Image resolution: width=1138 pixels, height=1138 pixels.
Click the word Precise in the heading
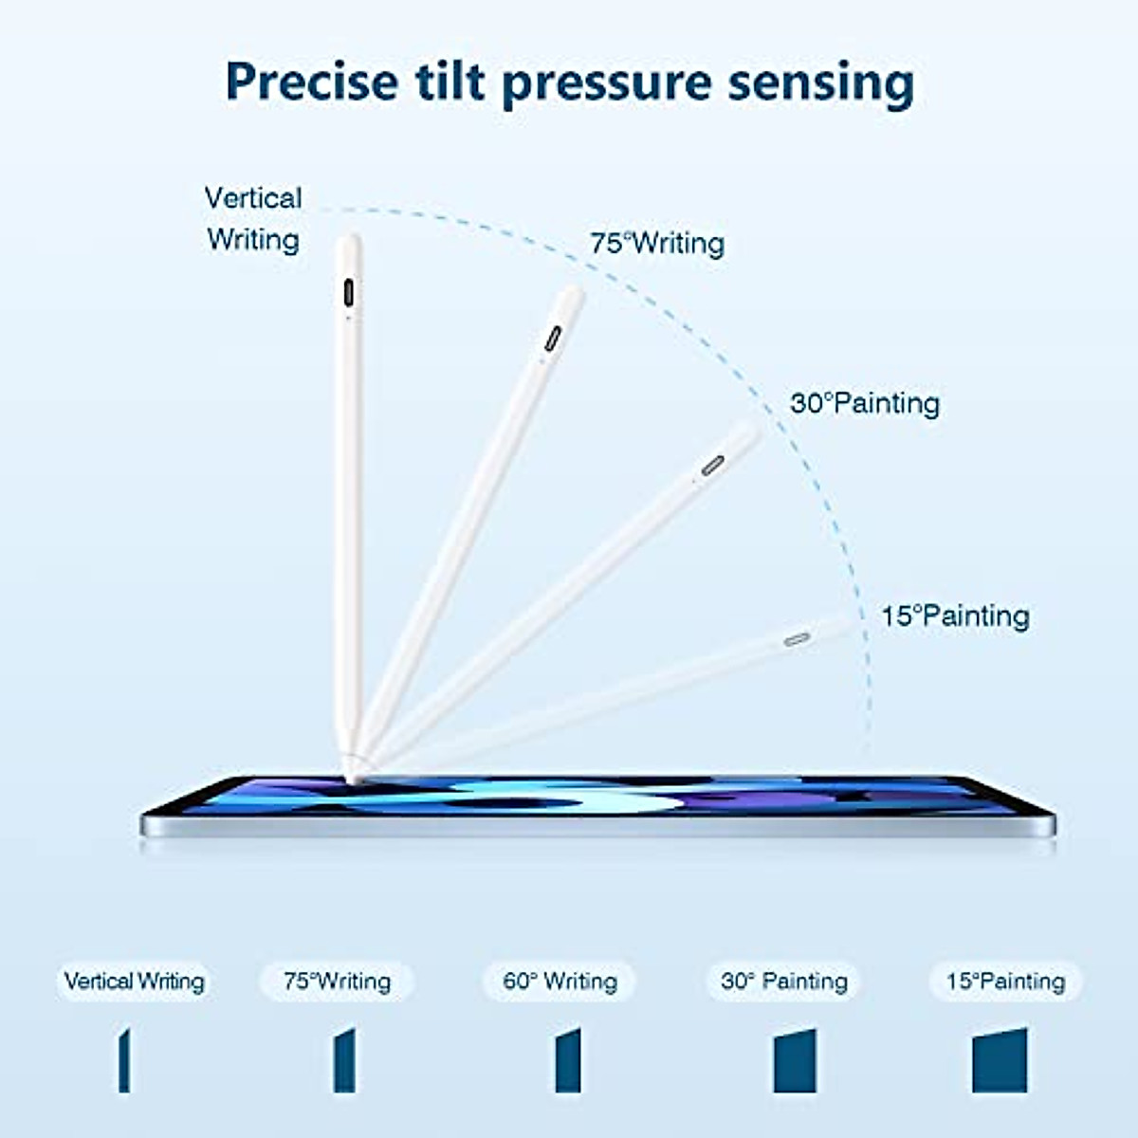coord(311,83)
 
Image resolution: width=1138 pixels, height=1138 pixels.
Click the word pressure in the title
coord(607,83)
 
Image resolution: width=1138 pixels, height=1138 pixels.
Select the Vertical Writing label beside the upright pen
coord(253,219)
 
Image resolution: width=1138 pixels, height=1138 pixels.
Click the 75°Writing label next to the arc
coord(657,244)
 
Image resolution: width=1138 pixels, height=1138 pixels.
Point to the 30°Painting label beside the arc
coord(865,403)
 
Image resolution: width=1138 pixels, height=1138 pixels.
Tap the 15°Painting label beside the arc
coord(955,616)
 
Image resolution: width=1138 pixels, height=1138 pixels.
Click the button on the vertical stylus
coord(349,292)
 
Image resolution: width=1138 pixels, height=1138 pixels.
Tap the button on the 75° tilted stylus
coord(552,340)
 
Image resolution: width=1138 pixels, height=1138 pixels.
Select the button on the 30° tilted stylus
coord(713,465)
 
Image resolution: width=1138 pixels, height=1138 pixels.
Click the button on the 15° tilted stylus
coord(797,639)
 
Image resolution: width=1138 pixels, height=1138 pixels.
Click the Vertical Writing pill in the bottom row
coord(134,982)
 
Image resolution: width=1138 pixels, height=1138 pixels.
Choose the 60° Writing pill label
coord(560,982)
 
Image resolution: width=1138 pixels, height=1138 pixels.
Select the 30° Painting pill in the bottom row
coord(783,982)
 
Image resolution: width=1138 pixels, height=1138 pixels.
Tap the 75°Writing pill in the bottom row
coord(337,982)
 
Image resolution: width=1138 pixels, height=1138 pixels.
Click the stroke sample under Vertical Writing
coord(124,1060)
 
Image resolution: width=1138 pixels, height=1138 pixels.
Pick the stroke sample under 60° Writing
coord(567,1060)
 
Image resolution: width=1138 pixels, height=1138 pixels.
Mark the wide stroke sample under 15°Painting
coord(1000,1060)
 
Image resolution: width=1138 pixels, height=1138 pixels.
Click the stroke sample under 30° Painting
coord(795,1060)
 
